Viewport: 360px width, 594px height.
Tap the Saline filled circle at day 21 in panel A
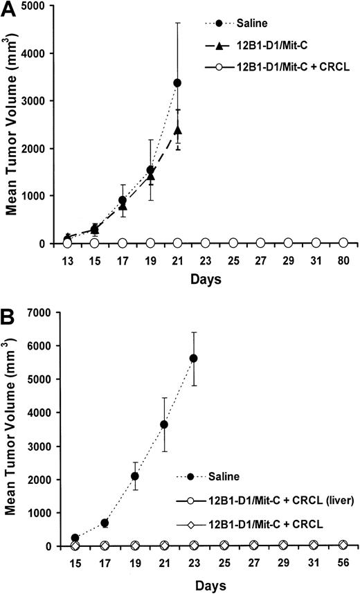(x=177, y=83)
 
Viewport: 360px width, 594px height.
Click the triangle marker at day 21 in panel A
(x=178, y=129)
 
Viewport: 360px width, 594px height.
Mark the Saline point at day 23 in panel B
(x=193, y=358)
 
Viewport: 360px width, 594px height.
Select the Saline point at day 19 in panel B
(x=134, y=476)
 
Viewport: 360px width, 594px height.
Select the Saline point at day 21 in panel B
(x=163, y=424)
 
